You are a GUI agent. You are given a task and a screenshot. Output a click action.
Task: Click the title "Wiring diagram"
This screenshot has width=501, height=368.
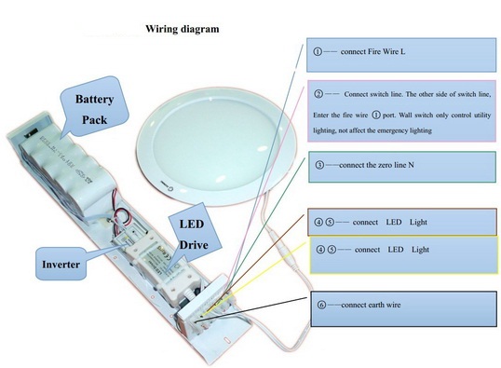[182, 29]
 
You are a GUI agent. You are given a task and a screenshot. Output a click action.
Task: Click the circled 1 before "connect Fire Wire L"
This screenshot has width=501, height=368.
[318, 51]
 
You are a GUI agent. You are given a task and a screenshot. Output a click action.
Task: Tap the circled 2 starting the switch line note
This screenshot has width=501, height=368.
[318, 95]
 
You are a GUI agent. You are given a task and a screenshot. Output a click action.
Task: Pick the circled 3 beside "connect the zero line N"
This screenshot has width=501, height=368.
[318, 165]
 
